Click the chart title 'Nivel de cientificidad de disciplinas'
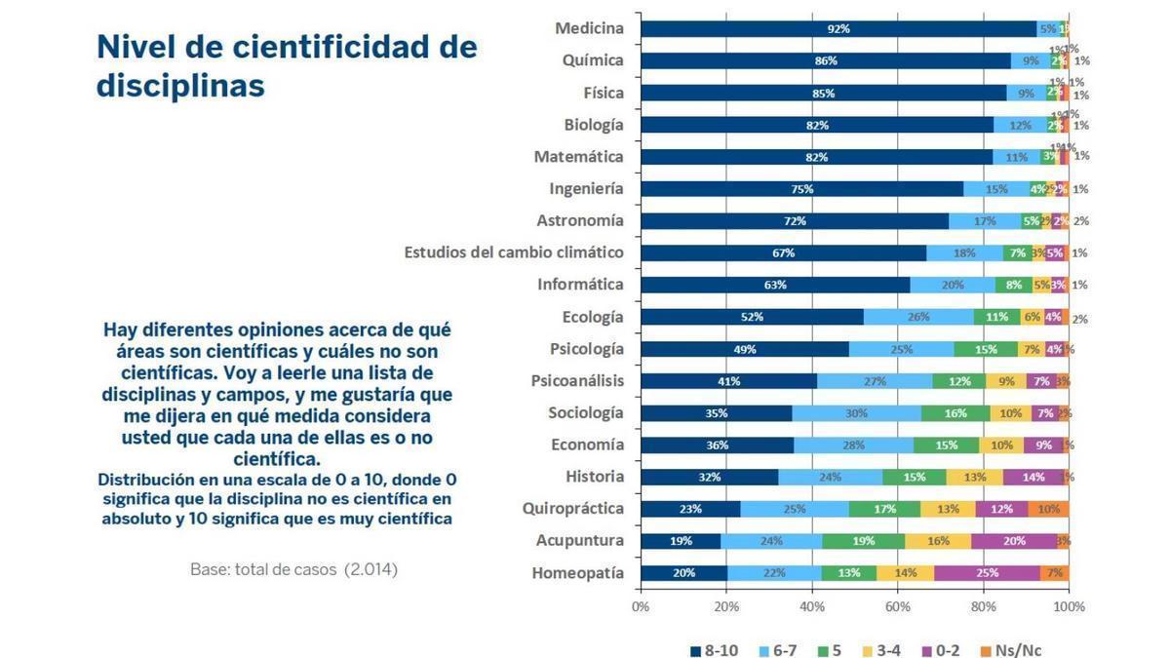coord(287,65)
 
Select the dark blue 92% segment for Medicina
coord(838,29)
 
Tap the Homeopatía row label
coord(577,573)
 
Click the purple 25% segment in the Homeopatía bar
coord(987,573)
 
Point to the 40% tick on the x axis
coord(812,606)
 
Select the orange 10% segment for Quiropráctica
coord(1048,509)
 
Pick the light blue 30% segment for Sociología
coord(856,413)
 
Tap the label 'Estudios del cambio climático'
coord(514,252)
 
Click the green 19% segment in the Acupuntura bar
coord(863,541)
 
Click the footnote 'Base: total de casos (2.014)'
coord(293,568)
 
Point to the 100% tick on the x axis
coord(1069,606)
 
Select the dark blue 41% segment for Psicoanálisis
coord(728,381)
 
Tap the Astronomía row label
coord(580,220)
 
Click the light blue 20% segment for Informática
coord(953,286)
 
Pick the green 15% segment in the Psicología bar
coord(986,349)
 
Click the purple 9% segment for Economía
coord(1043,445)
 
